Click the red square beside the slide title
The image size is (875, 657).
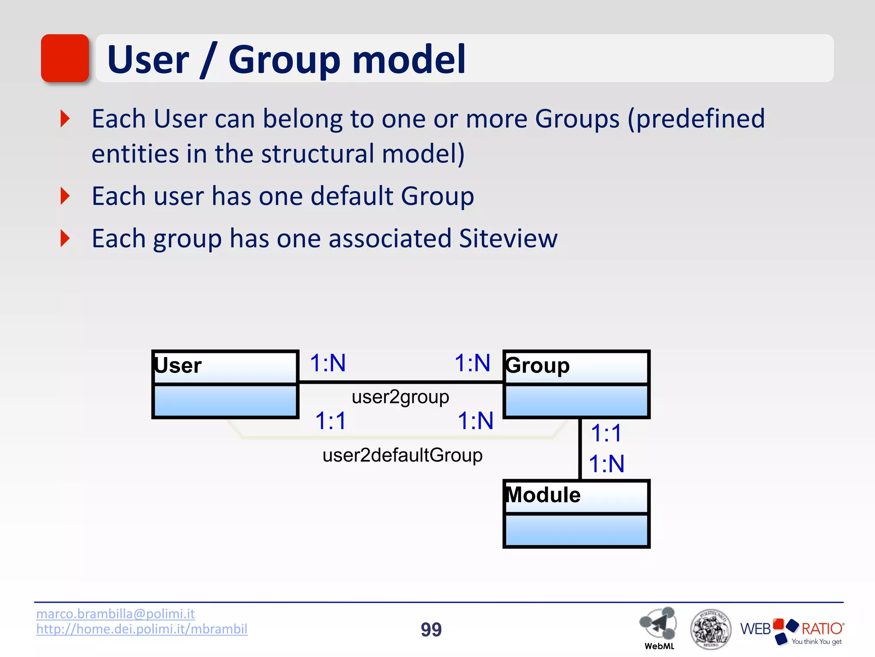tap(65, 58)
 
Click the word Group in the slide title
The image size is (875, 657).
tap(284, 60)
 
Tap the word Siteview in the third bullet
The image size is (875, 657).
tap(508, 238)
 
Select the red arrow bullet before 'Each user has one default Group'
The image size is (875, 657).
tap(65, 196)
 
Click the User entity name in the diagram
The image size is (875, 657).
tap(178, 366)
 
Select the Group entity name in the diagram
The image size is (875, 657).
tap(537, 366)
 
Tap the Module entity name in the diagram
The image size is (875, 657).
tap(543, 495)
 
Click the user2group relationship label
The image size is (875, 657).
tap(400, 397)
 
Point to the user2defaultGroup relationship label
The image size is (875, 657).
tap(402, 455)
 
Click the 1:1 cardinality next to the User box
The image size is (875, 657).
tap(330, 420)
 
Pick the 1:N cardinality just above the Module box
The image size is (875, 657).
tap(606, 464)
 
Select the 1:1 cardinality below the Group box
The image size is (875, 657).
tap(606, 433)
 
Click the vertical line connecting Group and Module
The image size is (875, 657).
tap(580, 449)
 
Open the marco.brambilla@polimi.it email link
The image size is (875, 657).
tap(115, 614)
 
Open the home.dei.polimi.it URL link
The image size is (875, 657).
tap(141, 629)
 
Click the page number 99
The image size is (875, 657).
tap(431, 630)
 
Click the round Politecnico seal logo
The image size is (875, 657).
tap(711, 629)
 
